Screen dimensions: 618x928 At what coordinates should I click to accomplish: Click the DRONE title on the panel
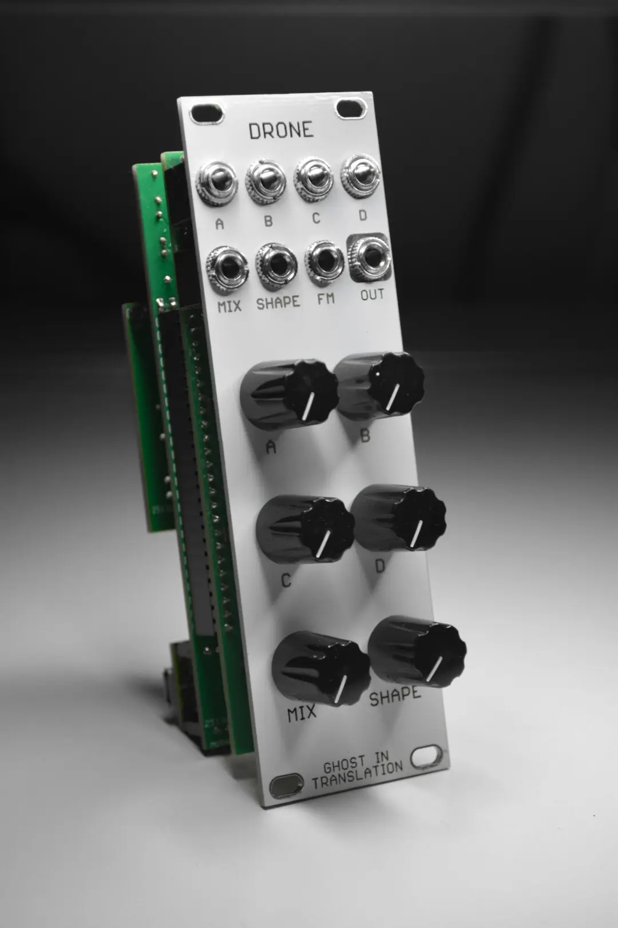280,131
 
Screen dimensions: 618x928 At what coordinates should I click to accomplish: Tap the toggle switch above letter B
266,182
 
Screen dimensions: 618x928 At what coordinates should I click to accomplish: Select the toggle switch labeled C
314,179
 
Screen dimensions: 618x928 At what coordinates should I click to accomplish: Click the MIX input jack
228,269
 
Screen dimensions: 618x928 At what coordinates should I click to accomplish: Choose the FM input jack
324,263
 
